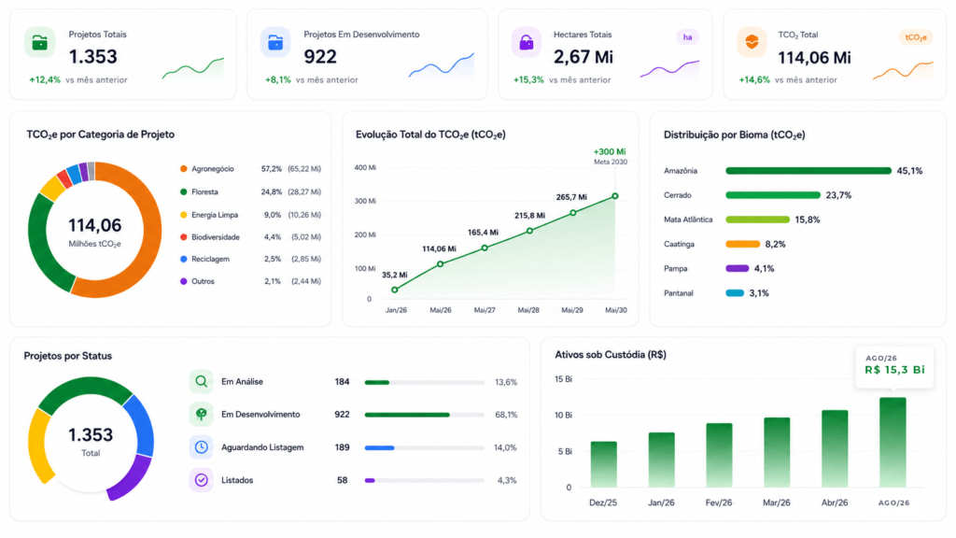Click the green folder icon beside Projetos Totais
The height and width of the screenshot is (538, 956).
[x=39, y=42]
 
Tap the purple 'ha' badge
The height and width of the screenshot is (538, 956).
[x=687, y=37]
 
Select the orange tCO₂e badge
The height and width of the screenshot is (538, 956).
[x=916, y=37]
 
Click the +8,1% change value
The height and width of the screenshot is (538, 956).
[x=277, y=80]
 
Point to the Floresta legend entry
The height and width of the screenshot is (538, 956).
[x=204, y=192]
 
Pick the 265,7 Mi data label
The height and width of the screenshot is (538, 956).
[x=571, y=197]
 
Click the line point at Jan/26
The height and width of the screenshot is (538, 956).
[x=395, y=290]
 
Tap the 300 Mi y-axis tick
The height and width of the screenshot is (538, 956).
[x=365, y=202]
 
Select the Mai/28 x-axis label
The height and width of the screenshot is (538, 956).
[x=528, y=310]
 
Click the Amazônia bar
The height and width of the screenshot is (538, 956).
[x=808, y=171]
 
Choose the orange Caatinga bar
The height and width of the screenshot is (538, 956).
[x=742, y=244]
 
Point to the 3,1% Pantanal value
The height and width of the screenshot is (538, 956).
[x=759, y=293]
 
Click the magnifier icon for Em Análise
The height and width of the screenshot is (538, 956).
[x=202, y=382]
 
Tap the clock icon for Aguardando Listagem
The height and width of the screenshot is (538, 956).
[x=202, y=447]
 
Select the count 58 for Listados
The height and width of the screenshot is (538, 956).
[x=342, y=481]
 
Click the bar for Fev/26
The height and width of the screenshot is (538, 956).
[x=720, y=455]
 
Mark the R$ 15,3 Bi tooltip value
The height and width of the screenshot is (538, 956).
[x=894, y=370]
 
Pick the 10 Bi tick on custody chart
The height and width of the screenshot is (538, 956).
[x=563, y=416]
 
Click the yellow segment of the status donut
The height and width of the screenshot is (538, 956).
[x=37, y=446]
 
